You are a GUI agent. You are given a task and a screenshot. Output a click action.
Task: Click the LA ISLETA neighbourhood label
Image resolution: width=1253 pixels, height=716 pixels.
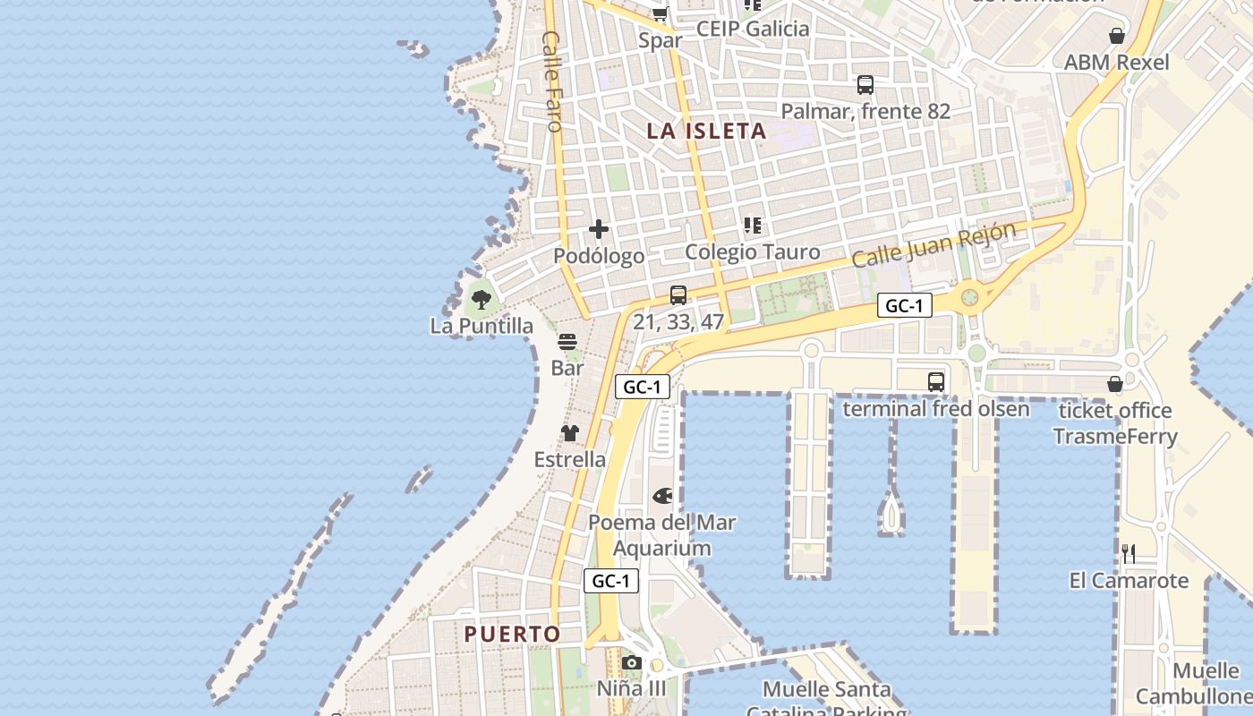pyautogui.click(x=706, y=131)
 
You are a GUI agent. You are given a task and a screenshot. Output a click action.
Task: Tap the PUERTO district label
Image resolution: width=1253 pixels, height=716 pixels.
pyautogui.click(x=512, y=634)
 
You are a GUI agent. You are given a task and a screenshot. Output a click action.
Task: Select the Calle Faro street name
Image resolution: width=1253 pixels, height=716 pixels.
pyautogui.click(x=551, y=81)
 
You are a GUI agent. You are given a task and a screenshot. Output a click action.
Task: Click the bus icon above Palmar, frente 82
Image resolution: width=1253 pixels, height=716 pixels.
pyautogui.click(x=865, y=85)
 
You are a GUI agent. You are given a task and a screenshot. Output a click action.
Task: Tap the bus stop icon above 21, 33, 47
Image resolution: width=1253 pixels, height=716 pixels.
pyautogui.click(x=678, y=295)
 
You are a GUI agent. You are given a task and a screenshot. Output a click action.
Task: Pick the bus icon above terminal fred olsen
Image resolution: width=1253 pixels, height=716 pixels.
pyautogui.click(x=935, y=382)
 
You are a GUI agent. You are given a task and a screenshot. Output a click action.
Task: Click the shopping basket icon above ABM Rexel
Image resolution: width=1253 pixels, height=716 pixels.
pyautogui.click(x=1117, y=36)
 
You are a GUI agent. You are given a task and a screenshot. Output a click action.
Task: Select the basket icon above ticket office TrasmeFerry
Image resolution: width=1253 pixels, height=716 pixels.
pyautogui.click(x=1115, y=384)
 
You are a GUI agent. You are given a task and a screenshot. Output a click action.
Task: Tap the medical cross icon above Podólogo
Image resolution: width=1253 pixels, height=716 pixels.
pyautogui.click(x=599, y=229)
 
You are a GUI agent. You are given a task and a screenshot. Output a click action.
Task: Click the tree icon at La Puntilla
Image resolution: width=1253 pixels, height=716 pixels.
pyautogui.click(x=482, y=299)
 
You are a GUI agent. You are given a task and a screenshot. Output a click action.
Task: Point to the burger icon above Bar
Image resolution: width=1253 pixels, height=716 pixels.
pyautogui.click(x=567, y=341)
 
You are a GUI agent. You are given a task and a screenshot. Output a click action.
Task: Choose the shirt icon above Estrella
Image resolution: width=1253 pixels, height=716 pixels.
pyautogui.click(x=570, y=433)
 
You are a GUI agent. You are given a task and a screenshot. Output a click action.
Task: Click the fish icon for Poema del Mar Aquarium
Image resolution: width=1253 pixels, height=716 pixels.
pyautogui.click(x=662, y=495)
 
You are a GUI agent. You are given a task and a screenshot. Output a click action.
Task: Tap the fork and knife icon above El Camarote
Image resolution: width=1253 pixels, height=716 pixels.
pyautogui.click(x=1129, y=554)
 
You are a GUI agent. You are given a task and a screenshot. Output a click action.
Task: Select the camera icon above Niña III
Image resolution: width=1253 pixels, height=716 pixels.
pyautogui.click(x=632, y=662)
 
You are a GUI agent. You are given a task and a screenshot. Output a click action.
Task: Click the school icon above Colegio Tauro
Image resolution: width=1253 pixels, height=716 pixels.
pyautogui.click(x=752, y=226)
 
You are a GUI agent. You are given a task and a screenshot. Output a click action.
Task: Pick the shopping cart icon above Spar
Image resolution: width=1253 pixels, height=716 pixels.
pyautogui.click(x=661, y=13)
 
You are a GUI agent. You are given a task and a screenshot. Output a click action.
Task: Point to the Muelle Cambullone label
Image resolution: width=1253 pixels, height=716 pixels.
pyautogui.click(x=1194, y=683)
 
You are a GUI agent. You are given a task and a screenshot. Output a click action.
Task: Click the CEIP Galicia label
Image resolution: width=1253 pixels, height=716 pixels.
pyautogui.click(x=753, y=29)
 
